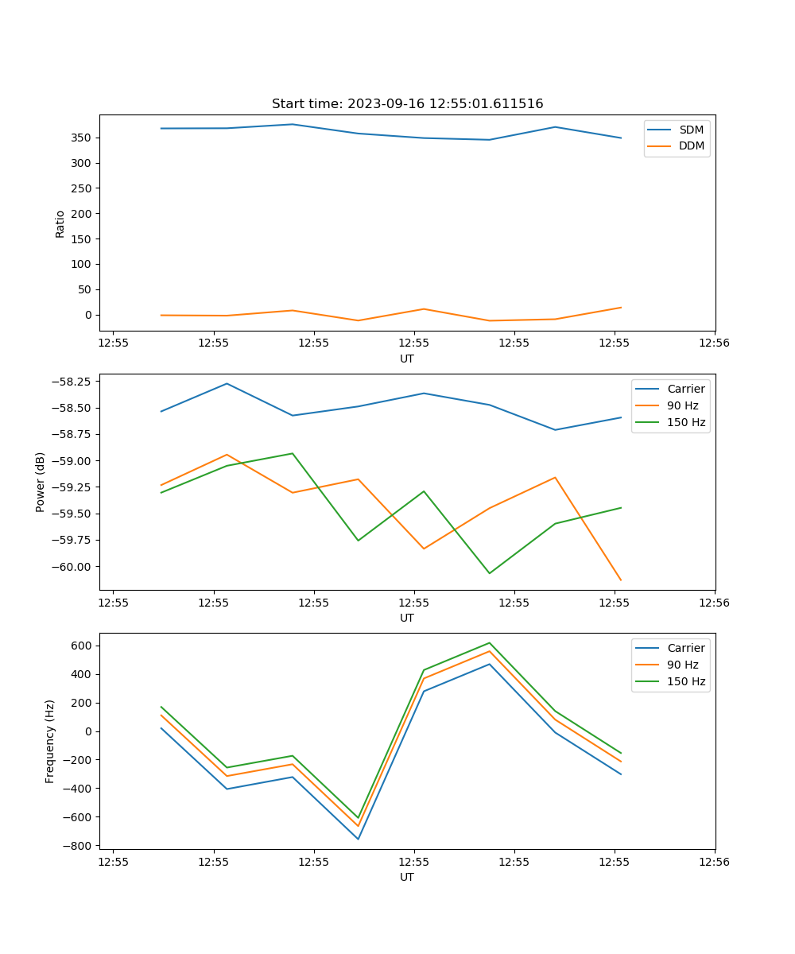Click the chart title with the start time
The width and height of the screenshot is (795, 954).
click(407, 104)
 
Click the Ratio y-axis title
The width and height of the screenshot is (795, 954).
click(60, 223)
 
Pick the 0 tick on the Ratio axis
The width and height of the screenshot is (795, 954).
click(88, 315)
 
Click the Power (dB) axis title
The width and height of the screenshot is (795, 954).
click(41, 482)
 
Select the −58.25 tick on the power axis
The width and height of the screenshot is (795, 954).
click(72, 382)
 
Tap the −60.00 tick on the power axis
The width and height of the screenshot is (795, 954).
click(72, 567)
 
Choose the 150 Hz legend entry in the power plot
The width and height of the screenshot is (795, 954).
click(685, 422)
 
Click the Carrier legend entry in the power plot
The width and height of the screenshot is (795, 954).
click(685, 389)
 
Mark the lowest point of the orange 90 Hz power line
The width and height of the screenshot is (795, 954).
click(621, 580)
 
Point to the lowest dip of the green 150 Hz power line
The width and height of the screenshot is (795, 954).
click(489, 573)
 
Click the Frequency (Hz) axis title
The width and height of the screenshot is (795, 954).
click(50, 741)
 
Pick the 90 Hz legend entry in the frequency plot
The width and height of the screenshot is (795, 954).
click(682, 665)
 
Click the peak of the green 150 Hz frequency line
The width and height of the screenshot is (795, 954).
click(489, 642)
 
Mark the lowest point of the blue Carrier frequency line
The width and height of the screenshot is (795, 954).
click(358, 839)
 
